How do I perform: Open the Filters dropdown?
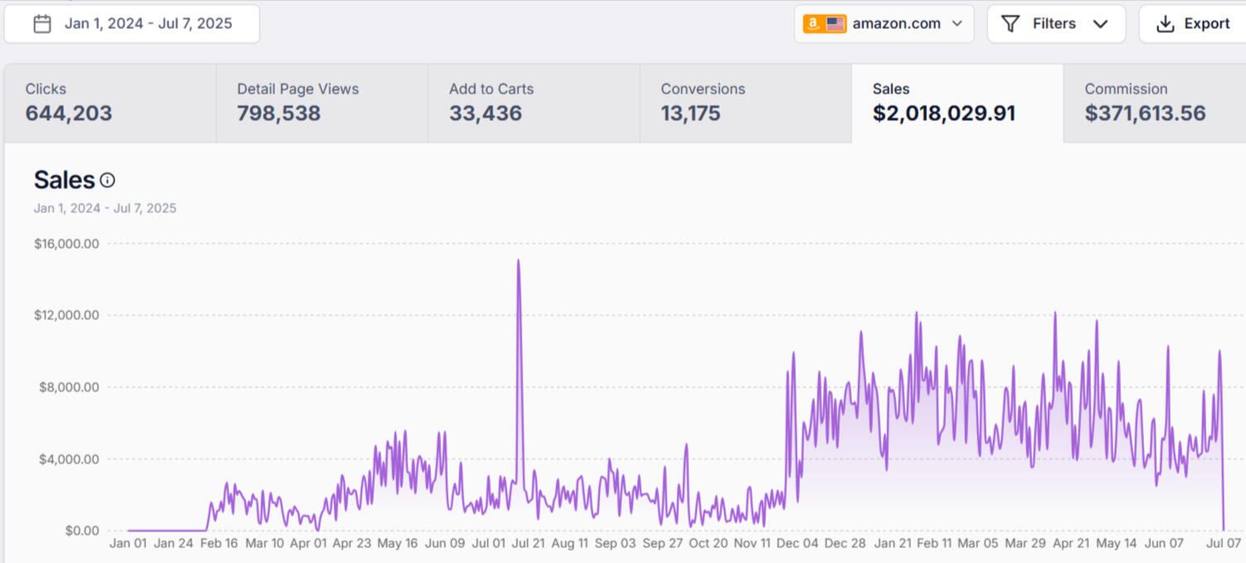coord(1055,24)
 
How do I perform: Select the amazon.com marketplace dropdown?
coord(884,24)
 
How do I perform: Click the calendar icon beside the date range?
coord(42,24)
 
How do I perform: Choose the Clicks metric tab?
coord(109,103)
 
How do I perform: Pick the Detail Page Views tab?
coord(322,103)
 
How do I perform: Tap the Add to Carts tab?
coord(533,103)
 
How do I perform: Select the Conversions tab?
coord(745,103)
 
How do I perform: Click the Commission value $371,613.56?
coord(1145,114)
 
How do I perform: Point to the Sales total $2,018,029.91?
coord(944,114)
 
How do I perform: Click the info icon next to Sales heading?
coord(108,180)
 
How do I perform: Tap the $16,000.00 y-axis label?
coord(66,244)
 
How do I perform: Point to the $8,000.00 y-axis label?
coord(70,387)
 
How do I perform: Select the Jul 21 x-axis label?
coord(528,544)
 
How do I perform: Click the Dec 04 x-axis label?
coord(797,544)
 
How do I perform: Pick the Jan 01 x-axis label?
coord(128,544)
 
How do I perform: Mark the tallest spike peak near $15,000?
coord(519,260)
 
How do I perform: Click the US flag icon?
coord(836,24)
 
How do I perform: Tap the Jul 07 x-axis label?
coord(1223,544)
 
